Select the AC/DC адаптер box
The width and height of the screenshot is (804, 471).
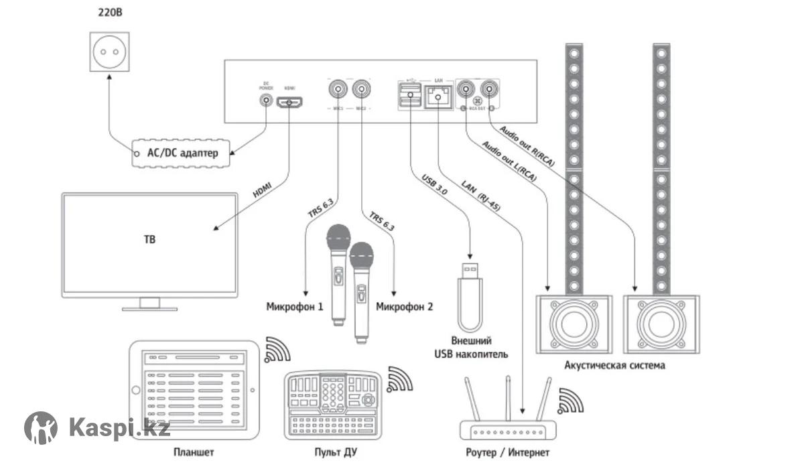click(182, 153)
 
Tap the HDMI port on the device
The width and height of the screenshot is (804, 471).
click(291, 103)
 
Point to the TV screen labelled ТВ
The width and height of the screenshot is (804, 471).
click(149, 245)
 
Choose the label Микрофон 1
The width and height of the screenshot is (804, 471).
click(295, 307)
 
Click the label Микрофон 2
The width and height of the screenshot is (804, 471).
click(404, 307)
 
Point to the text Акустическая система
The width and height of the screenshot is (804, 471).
click(615, 366)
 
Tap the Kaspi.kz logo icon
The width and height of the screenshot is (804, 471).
click(41, 427)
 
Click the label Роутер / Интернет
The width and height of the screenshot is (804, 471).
click(507, 453)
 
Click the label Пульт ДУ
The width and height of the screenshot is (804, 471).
click(335, 453)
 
